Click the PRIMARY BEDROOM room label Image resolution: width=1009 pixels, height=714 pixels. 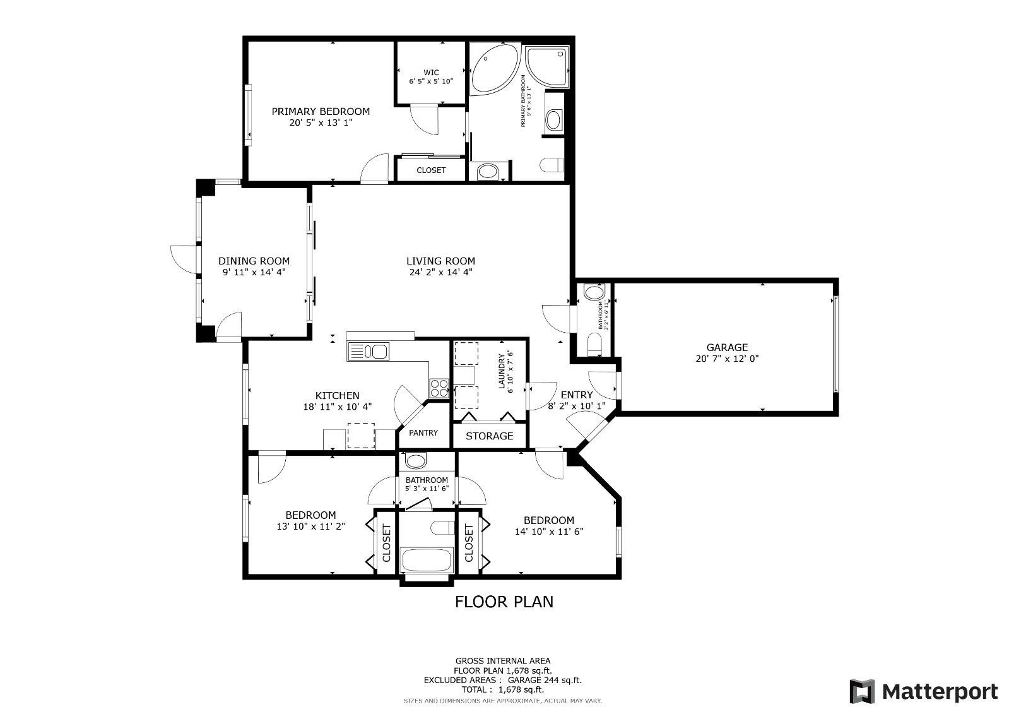(321, 112)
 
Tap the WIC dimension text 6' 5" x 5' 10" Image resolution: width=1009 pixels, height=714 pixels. (431, 81)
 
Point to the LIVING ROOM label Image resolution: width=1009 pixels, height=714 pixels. (440, 261)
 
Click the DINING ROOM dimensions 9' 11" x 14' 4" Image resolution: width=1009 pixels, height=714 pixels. (254, 272)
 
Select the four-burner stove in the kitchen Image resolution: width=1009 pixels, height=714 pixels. (439, 388)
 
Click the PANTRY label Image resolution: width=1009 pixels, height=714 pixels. (423, 433)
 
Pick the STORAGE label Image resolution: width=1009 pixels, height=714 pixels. (489, 436)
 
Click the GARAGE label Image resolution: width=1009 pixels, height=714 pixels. (727, 347)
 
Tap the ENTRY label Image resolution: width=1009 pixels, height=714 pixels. (576, 395)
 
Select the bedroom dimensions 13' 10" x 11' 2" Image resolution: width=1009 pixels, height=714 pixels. (310, 526)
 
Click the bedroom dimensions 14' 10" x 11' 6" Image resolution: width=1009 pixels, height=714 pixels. (549, 531)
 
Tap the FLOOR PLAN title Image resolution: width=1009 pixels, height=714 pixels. (504, 602)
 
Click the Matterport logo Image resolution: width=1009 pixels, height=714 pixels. (924, 691)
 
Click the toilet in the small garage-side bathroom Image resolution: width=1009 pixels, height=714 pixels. (594, 344)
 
